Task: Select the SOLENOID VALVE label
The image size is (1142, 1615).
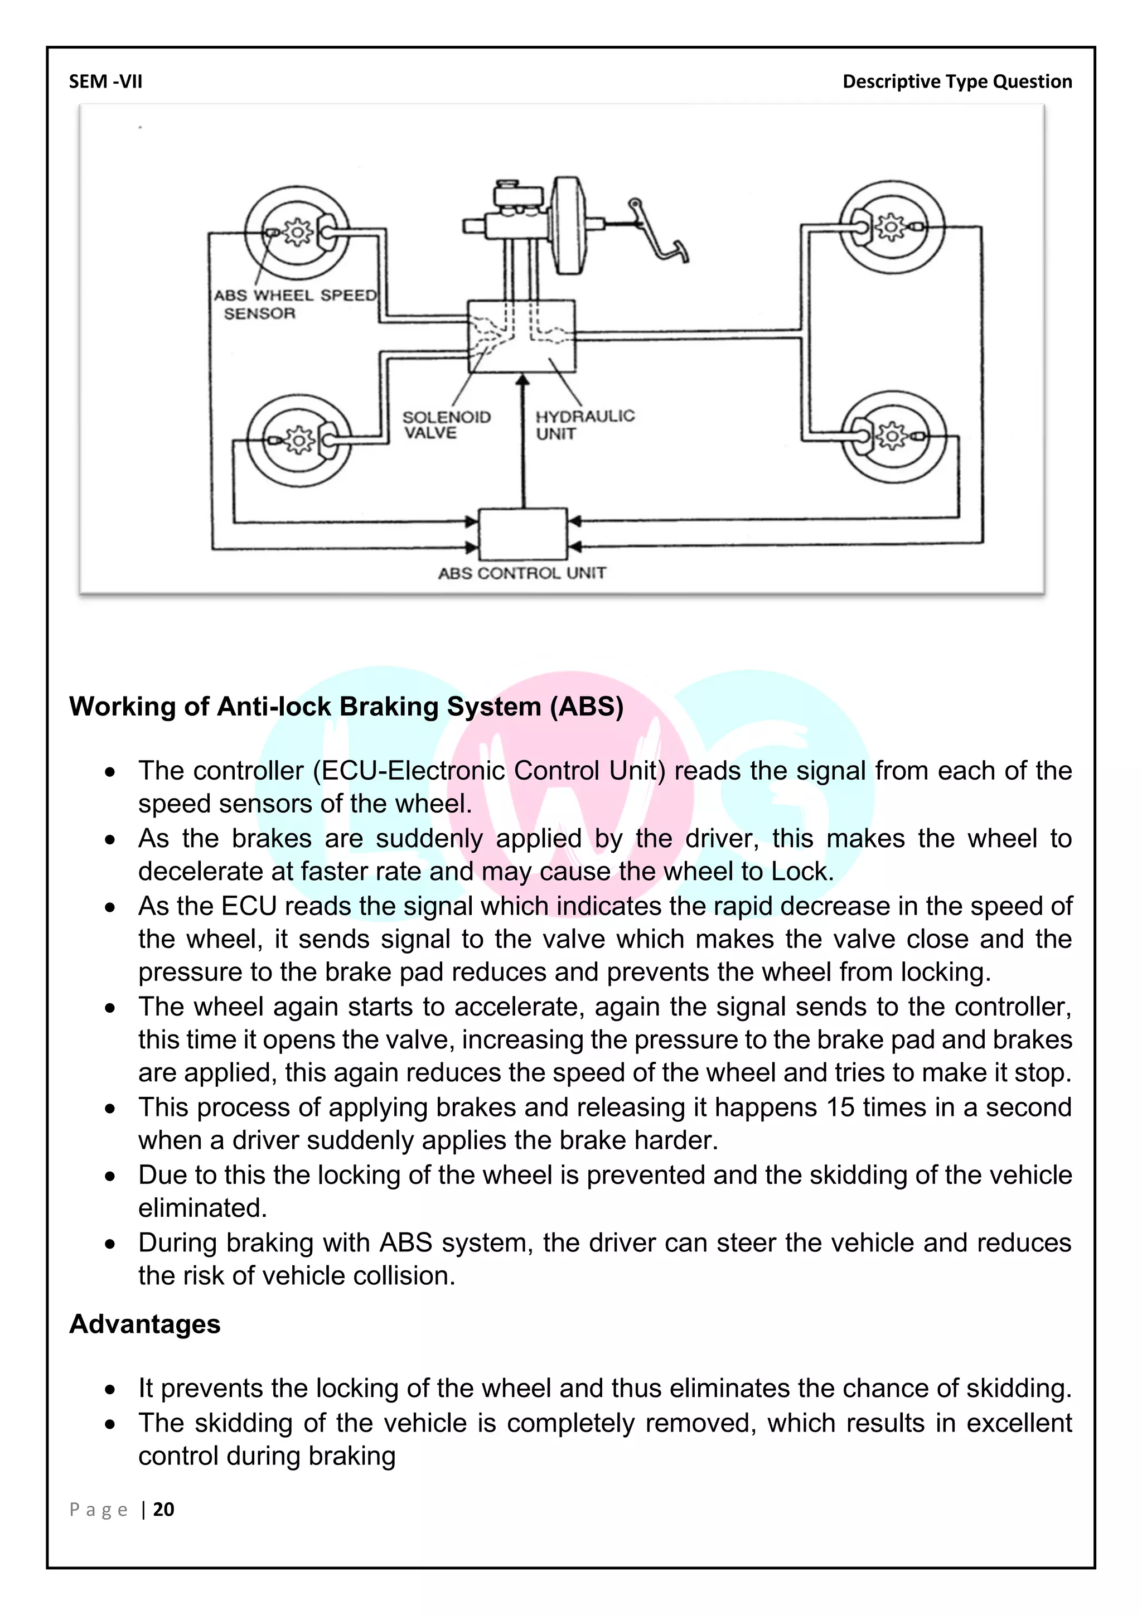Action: tap(446, 425)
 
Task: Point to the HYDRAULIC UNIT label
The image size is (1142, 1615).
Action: tap(584, 424)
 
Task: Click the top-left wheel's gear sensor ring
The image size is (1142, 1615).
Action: tap(297, 232)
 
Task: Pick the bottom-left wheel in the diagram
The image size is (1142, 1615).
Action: tap(299, 441)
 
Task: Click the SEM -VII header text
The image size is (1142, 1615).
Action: tap(105, 81)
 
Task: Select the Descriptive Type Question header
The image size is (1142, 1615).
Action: tap(957, 81)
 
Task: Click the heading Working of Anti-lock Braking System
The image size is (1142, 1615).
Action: tap(346, 706)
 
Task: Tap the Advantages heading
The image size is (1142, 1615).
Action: tap(145, 1324)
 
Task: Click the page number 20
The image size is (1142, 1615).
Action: tap(163, 1510)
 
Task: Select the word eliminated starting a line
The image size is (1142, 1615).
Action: tap(202, 1208)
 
